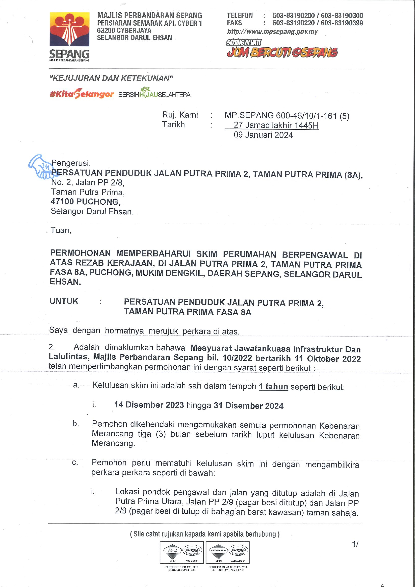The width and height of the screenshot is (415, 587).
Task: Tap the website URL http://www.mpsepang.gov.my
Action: click(272, 32)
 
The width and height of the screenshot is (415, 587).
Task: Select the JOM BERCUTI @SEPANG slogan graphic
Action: click(282, 52)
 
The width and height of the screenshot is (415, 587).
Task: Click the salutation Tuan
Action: click(61, 230)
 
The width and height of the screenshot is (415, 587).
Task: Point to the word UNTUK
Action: click(64, 301)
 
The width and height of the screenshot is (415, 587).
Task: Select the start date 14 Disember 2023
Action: click(149, 405)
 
